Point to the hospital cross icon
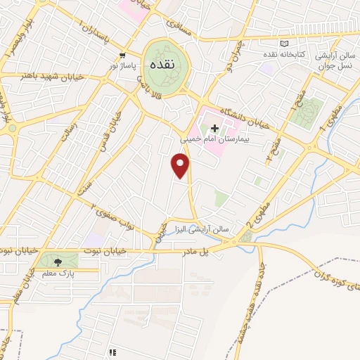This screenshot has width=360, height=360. (214, 127)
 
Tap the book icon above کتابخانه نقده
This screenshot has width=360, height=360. (284, 44)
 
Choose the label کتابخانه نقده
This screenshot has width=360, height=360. (285, 54)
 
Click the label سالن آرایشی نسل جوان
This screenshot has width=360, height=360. (330, 59)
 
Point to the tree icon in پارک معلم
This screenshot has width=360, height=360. (58, 262)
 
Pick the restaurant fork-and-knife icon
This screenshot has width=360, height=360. (110, 351)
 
